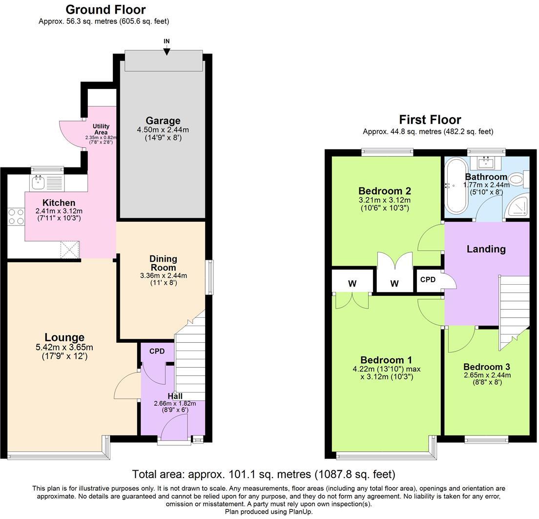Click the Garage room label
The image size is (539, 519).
click(x=163, y=121)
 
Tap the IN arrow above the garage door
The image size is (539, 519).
click(x=166, y=50)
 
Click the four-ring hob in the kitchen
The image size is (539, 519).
click(x=16, y=216)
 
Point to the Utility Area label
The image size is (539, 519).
click(x=101, y=129)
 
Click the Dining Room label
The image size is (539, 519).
click(x=163, y=263)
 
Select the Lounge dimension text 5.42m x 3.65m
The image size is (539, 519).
click(x=64, y=348)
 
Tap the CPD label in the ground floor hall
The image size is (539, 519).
click(x=157, y=351)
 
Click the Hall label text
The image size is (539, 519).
click(x=175, y=396)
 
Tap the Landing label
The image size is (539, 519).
click(x=486, y=249)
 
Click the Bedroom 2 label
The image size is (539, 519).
click(x=384, y=191)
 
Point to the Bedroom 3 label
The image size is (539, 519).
click(x=487, y=367)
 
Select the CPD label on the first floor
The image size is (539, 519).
click(x=428, y=280)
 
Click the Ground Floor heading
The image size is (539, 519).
click(x=105, y=9)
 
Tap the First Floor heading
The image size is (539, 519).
click(x=430, y=120)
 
